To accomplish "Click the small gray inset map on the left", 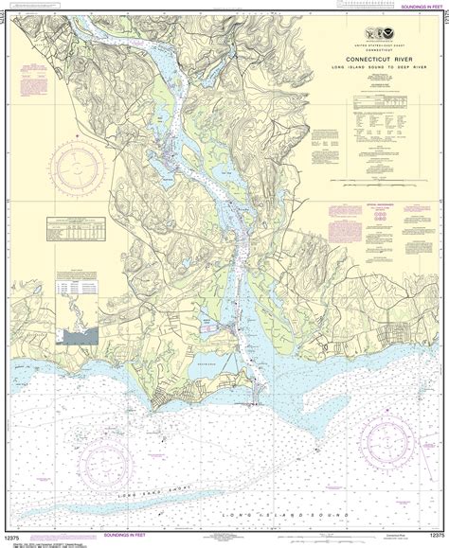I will (x=82, y=336).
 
